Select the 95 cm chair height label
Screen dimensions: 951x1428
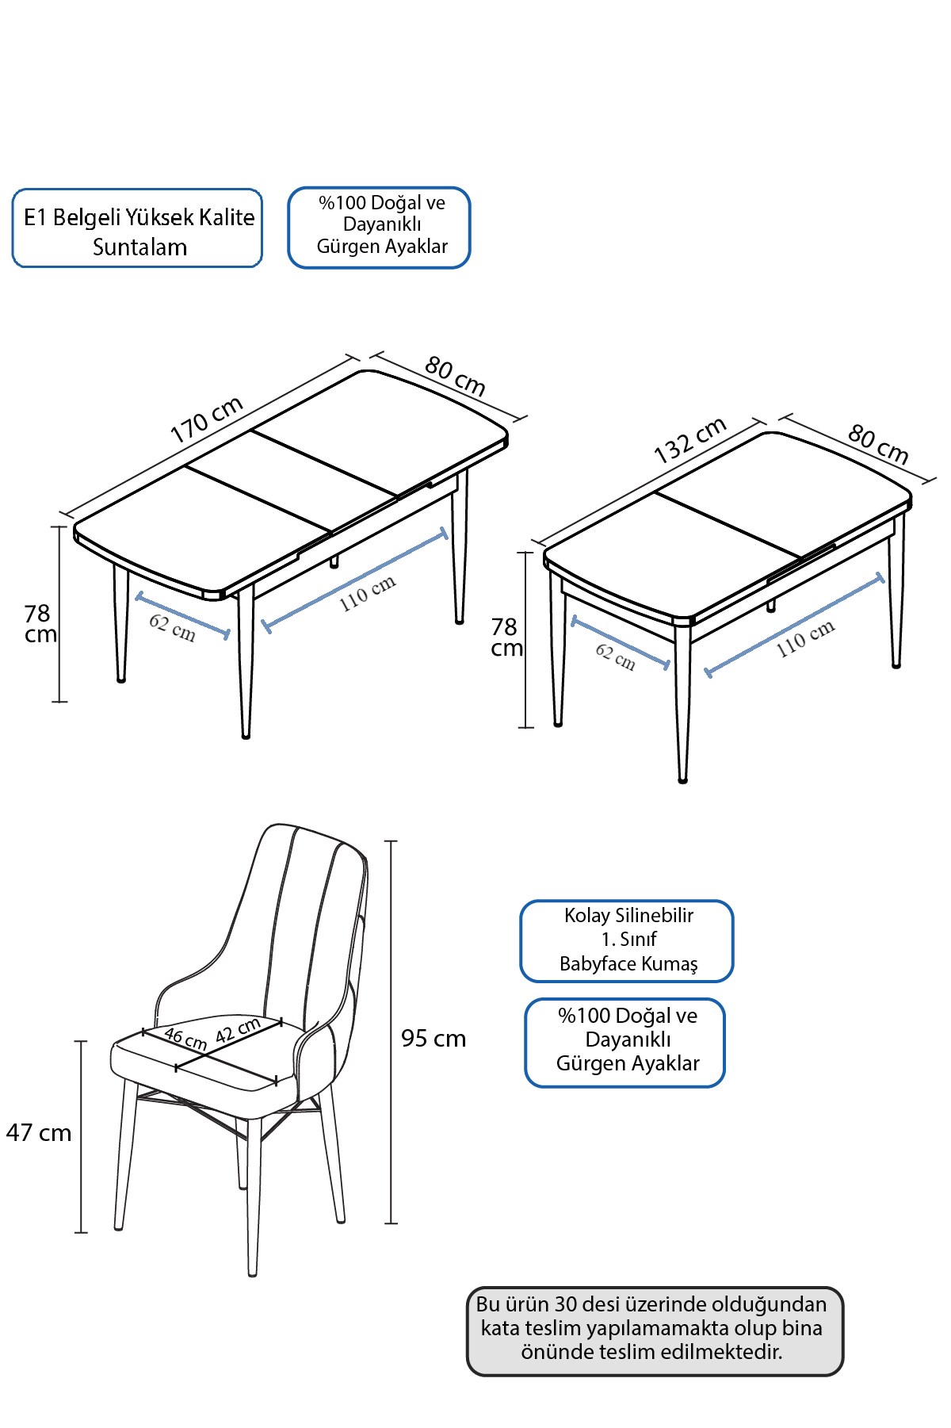(433, 1038)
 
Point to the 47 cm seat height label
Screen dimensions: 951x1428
(39, 1132)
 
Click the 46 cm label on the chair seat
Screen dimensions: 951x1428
(185, 1039)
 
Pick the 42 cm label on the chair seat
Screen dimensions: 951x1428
(238, 1029)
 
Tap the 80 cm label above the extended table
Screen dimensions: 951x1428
(455, 375)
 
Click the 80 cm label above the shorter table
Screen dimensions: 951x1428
(878, 444)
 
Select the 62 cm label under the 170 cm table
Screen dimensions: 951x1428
(172, 627)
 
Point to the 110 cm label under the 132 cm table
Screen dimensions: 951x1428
(805, 638)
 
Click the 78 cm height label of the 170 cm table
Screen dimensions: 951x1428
(40, 623)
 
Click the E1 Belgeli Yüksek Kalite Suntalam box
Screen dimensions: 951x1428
(137, 228)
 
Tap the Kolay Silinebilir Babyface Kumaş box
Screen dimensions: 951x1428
(627, 941)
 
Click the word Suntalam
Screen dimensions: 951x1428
(139, 247)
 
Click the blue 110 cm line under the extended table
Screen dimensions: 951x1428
(355, 581)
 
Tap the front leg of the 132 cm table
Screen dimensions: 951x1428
(682, 702)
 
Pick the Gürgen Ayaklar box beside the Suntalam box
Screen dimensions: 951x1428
(379, 228)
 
